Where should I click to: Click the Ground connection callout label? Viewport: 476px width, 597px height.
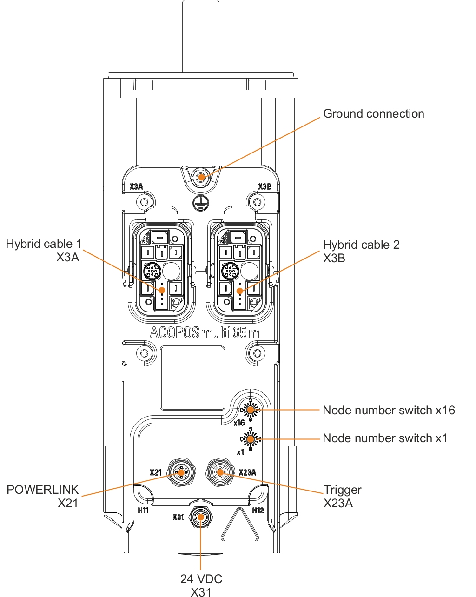(x=373, y=114)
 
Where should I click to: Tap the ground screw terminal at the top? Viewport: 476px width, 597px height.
(x=201, y=177)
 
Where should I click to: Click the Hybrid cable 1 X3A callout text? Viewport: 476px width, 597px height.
(x=43, y=250)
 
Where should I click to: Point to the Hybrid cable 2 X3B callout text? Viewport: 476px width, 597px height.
(x=361, y=251)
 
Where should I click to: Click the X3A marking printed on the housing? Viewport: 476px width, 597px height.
(x=136, y=187)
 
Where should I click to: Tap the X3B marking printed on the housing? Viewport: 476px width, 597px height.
(x=264, y=187)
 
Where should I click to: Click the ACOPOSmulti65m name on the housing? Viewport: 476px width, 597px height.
(x=204, y=333)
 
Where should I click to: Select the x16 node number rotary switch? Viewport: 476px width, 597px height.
(x=251, y=410)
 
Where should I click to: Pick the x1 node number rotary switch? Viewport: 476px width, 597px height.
(x=251, y=438)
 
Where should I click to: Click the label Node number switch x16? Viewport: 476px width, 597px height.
(x=389, y=410)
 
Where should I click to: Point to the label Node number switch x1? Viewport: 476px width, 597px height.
(x=385, y=438)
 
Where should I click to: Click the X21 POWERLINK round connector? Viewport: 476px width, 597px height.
(x=180, y=472)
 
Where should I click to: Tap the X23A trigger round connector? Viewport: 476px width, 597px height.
(x=220, y=472)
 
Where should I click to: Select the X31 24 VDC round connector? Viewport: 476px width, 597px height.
(x=201, y=517)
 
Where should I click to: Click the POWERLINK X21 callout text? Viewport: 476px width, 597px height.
(x=43, y=496)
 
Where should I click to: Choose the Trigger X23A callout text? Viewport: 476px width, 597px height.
(x=342, y=496)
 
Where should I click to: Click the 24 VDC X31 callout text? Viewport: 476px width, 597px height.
(x=201, y=585)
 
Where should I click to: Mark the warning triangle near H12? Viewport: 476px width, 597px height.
(x=240, y=526)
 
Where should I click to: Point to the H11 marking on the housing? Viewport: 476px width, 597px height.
(x=143, y=511)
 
